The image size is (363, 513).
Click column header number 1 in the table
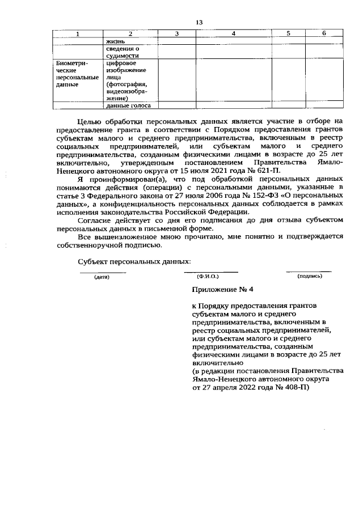pos(79,35)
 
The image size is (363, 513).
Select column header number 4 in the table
pos(234,35)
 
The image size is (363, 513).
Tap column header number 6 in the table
pos(324,35)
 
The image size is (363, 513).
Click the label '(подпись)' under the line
pos(309,276)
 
